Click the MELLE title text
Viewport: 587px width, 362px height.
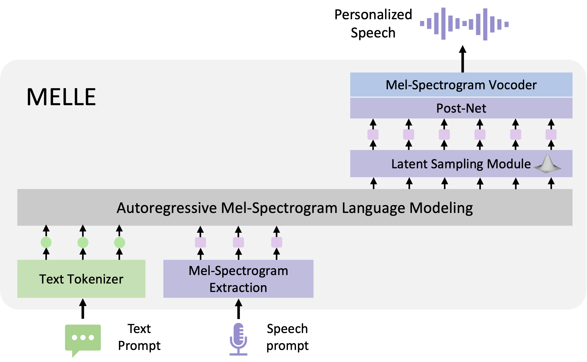click(61, 97)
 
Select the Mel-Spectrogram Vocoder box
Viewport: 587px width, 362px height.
click(461, 85)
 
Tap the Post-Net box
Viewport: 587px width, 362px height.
click(461, 108)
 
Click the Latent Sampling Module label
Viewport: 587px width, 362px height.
click(461, 164)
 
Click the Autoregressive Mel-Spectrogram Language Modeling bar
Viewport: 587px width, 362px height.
click(295, 207)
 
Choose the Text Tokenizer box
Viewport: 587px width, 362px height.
click(81, 279)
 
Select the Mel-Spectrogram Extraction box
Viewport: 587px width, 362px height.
click(238, 279)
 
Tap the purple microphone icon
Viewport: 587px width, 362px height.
click(238, 339)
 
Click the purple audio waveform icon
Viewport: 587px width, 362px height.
click(464, 24)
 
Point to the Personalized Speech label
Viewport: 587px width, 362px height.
click(373, 24)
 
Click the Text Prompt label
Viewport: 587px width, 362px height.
click(139, 337)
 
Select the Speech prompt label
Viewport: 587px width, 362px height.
click(287, 337)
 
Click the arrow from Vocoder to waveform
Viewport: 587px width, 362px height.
click(463, 59)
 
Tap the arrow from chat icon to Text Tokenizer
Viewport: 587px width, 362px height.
click(83, 309)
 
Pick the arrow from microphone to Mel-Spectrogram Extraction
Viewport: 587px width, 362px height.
click(238, 309)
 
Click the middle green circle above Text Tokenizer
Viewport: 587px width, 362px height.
click(83, 242)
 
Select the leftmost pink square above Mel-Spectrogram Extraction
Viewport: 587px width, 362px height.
click(200, 242)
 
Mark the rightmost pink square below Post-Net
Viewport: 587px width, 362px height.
click(551, 134)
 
